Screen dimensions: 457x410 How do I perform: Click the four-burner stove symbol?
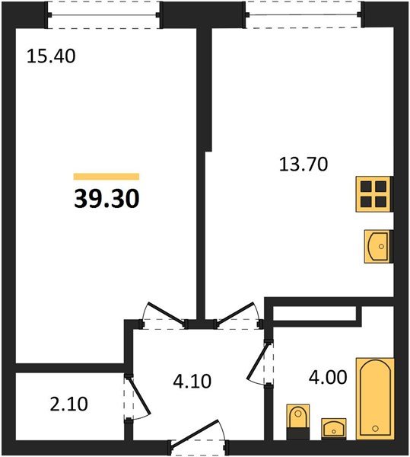point(373,194)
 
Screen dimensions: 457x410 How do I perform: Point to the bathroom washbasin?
point(334,428)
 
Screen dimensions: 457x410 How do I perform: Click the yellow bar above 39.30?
point(106,177)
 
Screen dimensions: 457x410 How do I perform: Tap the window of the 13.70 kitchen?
point(304,11)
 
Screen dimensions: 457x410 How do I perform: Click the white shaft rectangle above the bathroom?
point(316,313)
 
